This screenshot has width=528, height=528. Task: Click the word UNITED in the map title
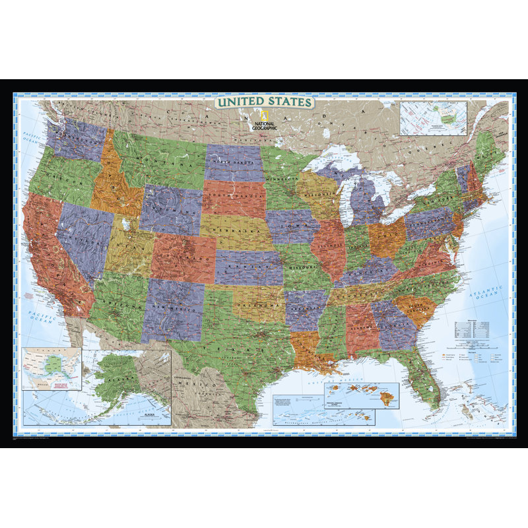[x=240, y=102]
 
